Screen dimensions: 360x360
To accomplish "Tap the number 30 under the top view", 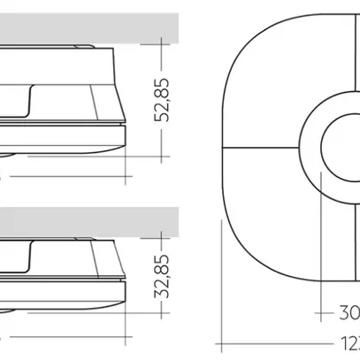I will click(348, 312).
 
